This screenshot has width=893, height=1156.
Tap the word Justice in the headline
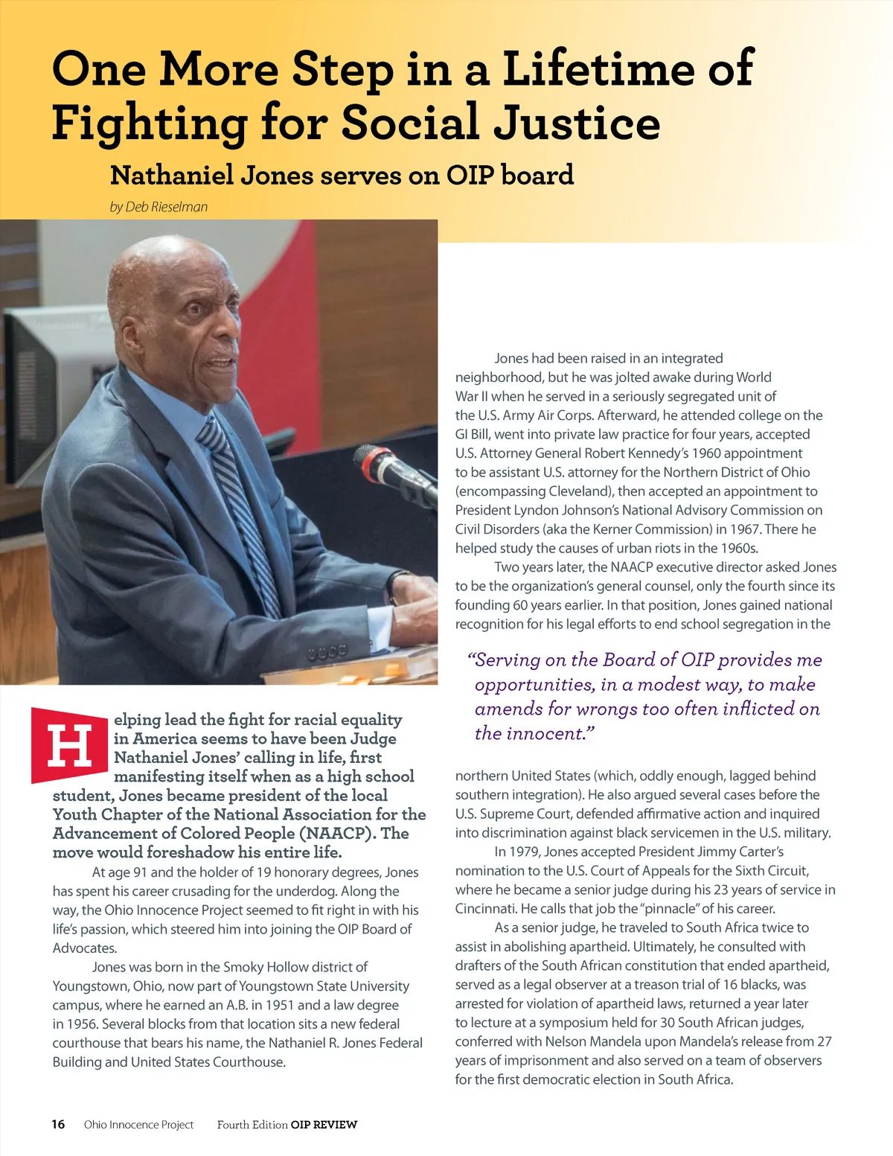577,123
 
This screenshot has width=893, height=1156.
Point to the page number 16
58,1124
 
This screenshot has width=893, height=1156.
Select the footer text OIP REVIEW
324,1125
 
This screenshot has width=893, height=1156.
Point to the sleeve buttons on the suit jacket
327,652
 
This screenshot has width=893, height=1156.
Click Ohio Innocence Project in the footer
138,1125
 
